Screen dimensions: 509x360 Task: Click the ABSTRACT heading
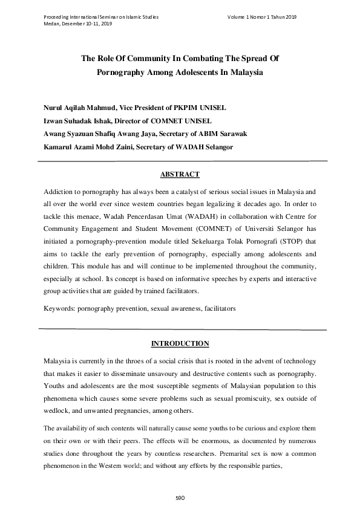click(x=180, y=175)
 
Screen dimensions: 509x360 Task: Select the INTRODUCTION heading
click(x=180, y=344)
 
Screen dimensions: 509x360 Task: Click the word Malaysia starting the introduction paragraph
click(x=60, y=361)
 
